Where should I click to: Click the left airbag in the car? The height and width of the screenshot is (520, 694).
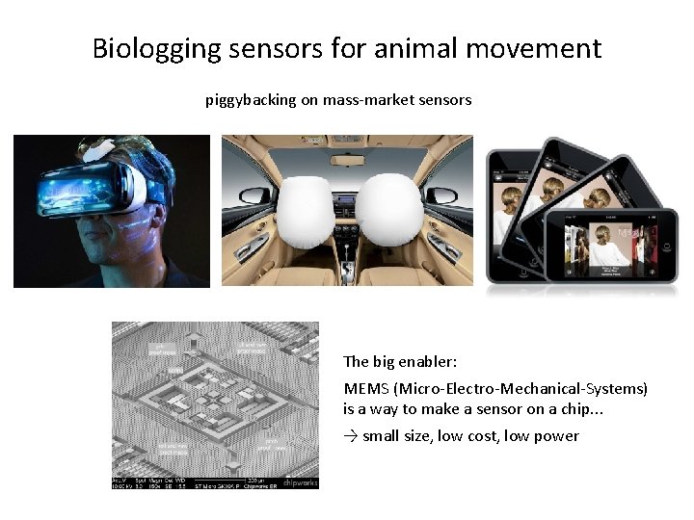pyautogui.click(x=306, y=209)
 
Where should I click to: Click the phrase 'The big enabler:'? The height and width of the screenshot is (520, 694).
pyautogui.click(x=400, y=362)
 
